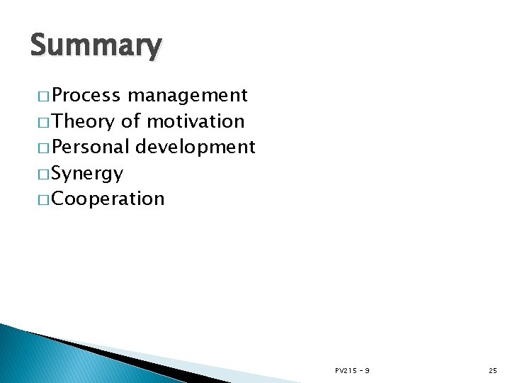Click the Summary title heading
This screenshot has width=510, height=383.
96,46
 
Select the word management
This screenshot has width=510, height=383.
188,95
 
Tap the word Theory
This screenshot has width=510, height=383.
83,121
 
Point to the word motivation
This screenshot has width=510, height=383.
195,121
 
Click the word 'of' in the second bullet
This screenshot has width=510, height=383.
130,121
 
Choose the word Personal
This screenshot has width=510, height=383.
91,147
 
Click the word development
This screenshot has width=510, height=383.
195,147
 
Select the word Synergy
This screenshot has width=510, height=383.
87,173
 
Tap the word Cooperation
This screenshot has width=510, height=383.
108,199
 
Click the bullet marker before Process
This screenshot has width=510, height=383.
40,96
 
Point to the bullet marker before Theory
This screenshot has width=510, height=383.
40,122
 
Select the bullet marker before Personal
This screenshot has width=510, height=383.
40,148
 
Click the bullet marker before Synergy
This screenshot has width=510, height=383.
40,174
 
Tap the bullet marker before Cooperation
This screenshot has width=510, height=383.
40,199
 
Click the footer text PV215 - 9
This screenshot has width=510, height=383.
352,371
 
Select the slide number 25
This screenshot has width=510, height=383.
493,371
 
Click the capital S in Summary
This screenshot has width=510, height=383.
39,46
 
